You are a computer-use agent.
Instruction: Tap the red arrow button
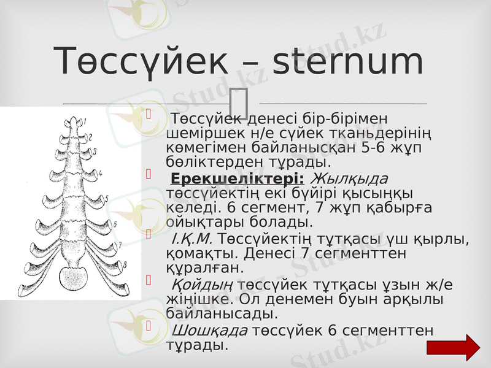click(454, 347)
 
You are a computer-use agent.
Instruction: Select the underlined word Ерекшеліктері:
click(238, 178)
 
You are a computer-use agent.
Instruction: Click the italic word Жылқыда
click(350, 178)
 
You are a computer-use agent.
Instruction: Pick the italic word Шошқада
click(209, 330)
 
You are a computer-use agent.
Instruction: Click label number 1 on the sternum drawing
click(85, 120)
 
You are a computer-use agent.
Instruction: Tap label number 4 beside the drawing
click(100, 174)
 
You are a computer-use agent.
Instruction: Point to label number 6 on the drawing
click(115, 224)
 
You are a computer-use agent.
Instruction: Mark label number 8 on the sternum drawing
click(125, 264)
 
